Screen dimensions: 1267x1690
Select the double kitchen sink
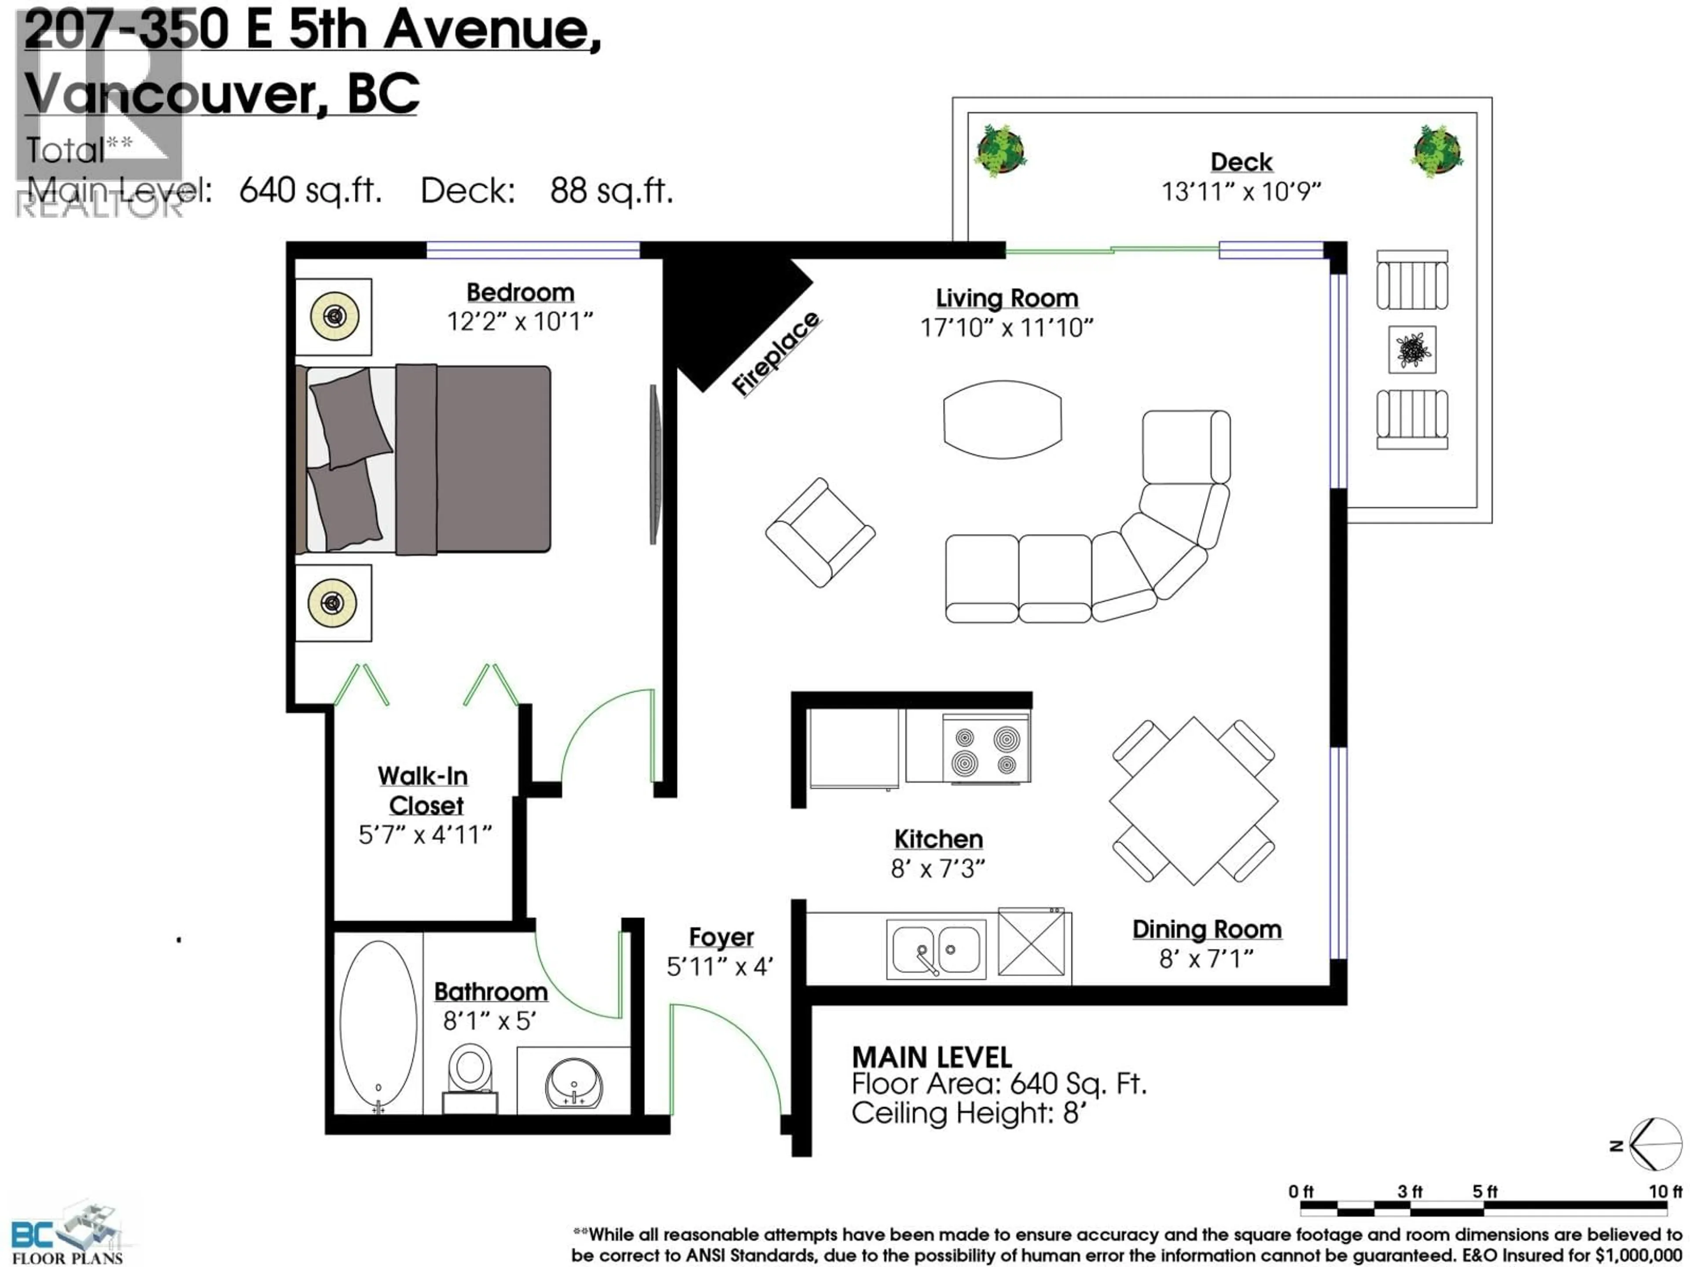pos(936,949)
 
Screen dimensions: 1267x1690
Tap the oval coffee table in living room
pos(1003,419)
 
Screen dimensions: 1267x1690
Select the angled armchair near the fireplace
pos(820,532)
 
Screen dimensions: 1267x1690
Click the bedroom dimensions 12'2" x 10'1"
pos(519,322)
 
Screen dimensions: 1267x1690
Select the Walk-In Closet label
pos(424,791)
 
